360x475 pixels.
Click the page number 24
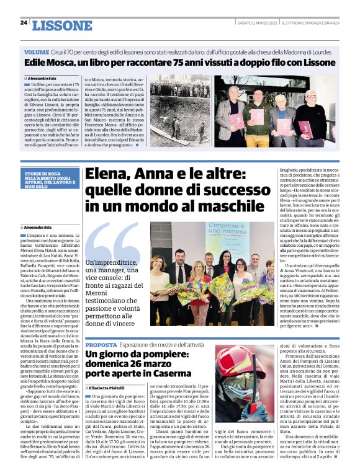tap(24, 22)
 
